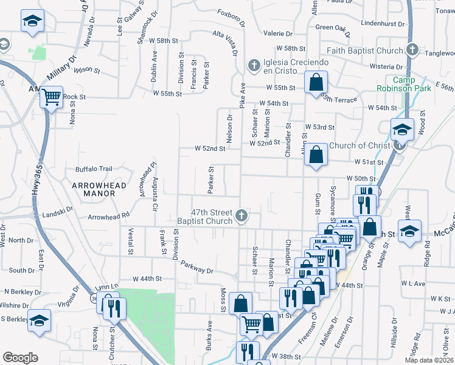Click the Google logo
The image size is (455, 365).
(x=20, y=358)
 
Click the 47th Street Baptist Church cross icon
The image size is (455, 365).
(x=241, y=215)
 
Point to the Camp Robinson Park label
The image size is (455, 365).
(x=411, y=84)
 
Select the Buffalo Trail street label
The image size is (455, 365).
(x=94, y=169)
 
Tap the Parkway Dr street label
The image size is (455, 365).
(x=197, y=269)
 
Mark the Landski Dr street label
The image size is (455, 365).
(x=58, y=214)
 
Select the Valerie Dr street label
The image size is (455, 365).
(x=278, y=33)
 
